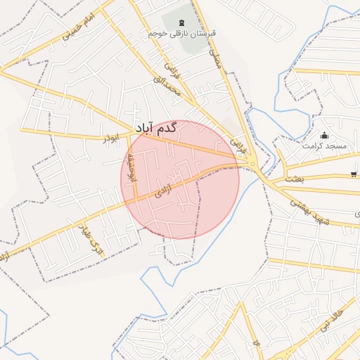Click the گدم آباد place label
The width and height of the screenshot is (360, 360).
(x=153, y=128)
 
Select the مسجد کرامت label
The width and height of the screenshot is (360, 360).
(x=324, y=146)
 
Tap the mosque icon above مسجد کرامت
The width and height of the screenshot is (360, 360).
(x=324, y=135)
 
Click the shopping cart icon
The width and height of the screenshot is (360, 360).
(x=352, y=175)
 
